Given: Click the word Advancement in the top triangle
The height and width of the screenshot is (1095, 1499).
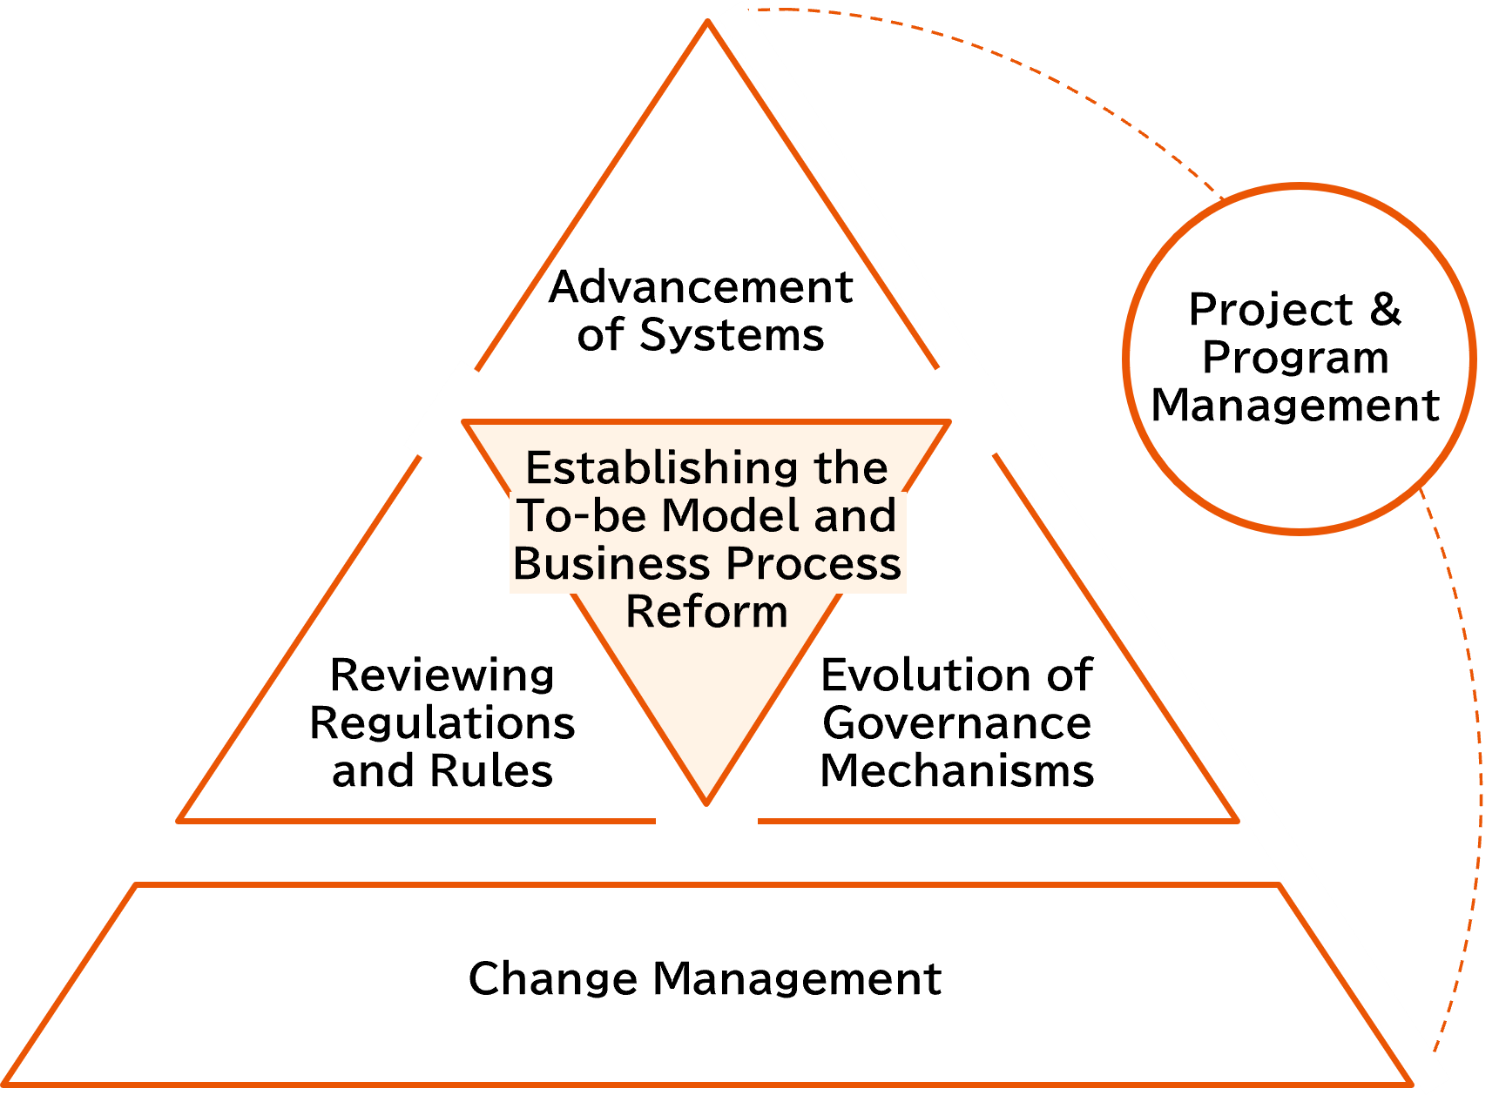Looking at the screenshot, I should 700,287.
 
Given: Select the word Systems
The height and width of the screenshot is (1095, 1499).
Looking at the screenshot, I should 732,335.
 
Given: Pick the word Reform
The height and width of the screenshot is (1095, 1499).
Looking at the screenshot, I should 706,611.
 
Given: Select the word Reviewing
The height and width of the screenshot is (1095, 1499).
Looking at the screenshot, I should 442,675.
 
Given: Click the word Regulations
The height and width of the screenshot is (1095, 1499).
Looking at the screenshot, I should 442,723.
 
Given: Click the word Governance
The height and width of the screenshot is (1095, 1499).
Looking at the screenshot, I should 956,723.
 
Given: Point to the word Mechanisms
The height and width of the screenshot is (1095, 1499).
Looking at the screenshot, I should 956,771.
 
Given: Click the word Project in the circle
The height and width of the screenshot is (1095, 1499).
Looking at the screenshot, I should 1271,310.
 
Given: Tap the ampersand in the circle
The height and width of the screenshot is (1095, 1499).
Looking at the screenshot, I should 1385,310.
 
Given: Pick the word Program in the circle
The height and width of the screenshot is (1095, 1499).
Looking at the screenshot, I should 1295,358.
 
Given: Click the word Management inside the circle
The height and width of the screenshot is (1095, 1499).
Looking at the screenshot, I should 1295,406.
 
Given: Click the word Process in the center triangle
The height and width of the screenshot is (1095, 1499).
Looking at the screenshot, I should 814,563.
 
